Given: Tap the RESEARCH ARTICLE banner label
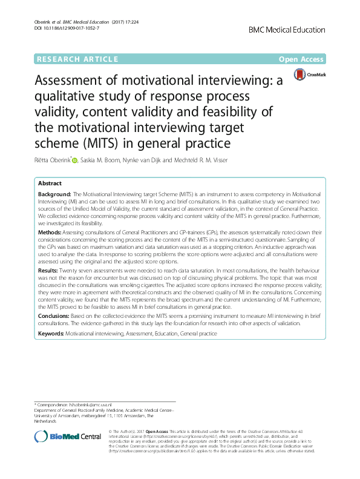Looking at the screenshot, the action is point(77,59).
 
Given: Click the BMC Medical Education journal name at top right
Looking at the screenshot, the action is point(287,29).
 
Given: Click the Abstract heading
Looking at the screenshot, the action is point(50,183).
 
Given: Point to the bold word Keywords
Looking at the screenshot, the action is point(51,334).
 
